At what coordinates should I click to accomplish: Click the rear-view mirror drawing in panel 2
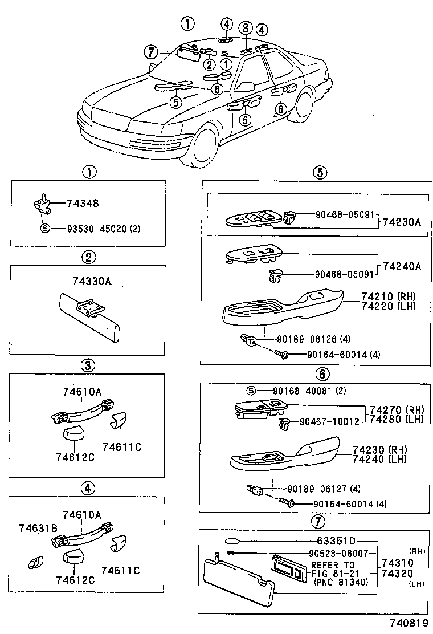tap(91, 319)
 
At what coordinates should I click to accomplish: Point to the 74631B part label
tap(38, 527)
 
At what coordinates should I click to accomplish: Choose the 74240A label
tap(402, 266)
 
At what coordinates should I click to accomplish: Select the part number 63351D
tap(336, 540)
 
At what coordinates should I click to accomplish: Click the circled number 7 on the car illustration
tap(150, 52)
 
